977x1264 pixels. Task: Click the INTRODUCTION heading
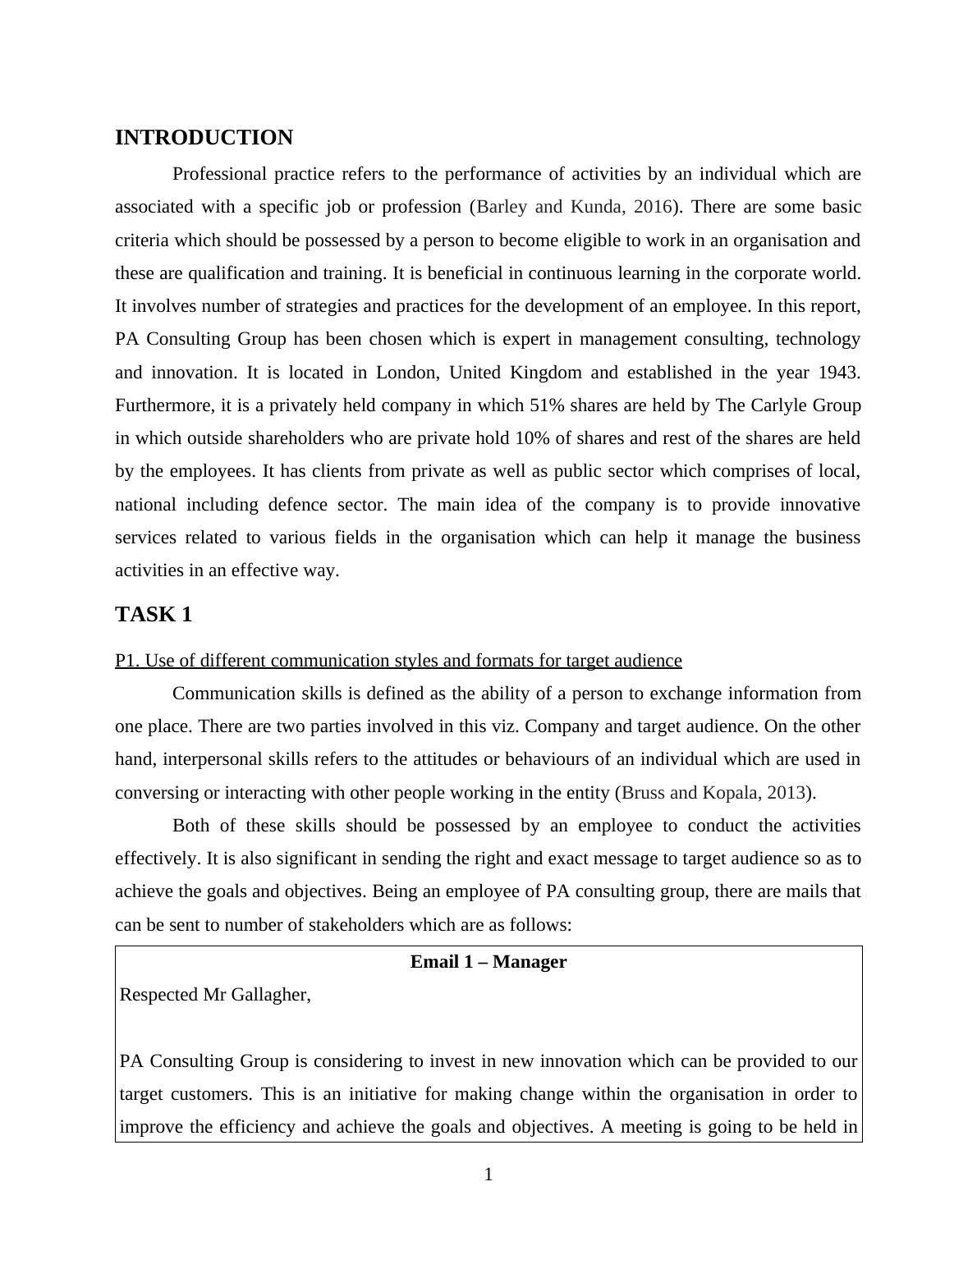[204, 138]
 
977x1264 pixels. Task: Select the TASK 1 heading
[154, 615]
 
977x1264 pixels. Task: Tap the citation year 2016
[653, 207]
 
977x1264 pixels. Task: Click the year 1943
[838, 373]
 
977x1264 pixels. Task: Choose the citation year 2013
[786, 793]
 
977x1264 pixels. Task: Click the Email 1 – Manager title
[488, 962]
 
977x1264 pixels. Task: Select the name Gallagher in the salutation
[270, 995]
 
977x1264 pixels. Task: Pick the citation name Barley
[502, 207]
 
